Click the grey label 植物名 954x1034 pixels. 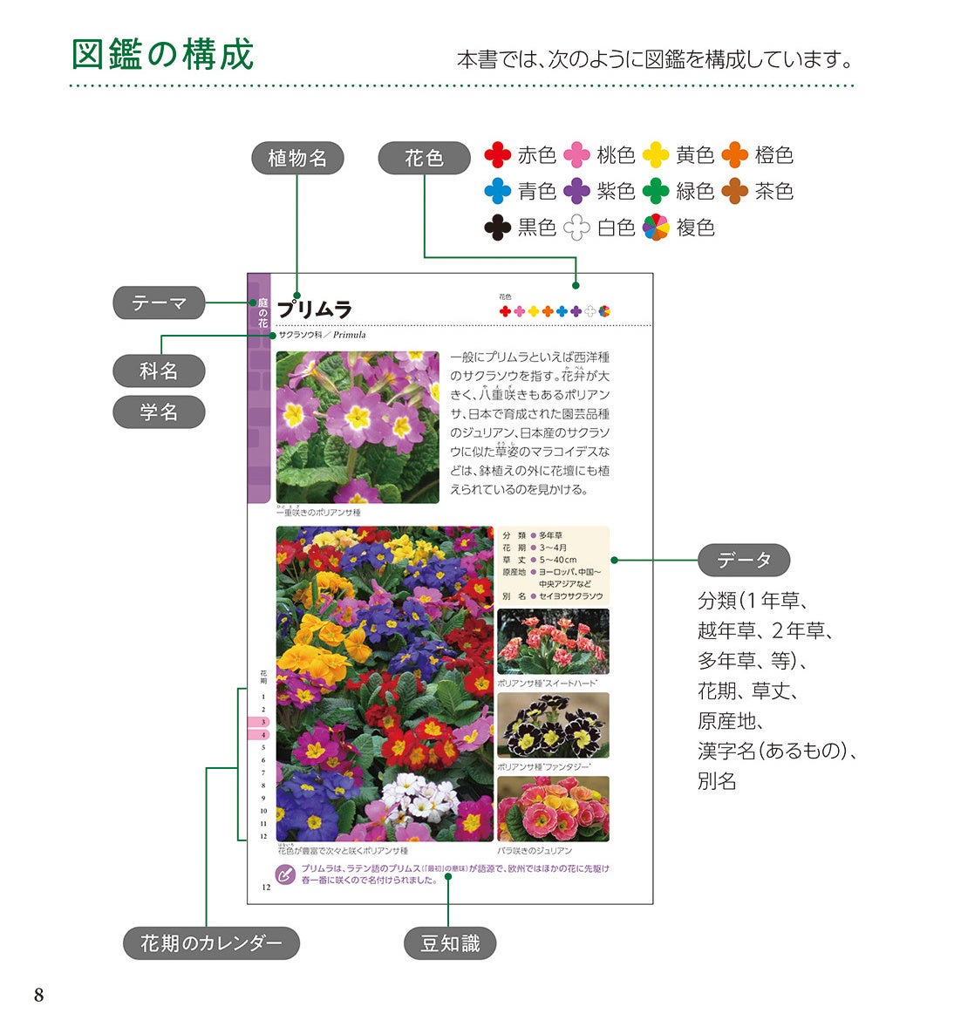(297, 158)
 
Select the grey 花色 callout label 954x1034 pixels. (424, 158)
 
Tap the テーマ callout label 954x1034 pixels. (159, 303)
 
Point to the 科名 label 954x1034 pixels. (159, 371)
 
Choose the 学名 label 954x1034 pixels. (159, 412)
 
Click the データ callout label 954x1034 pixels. (744, 560)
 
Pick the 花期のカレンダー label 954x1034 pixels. (211, 943)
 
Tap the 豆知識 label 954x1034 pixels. (450, 943)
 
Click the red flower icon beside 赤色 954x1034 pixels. (497, 155)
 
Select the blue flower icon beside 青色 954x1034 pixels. (497, 191)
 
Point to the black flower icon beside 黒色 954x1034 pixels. (497, 228)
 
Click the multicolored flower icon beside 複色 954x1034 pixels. (656, 228)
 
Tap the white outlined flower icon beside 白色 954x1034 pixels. (576, 228)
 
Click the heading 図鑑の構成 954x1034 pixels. (162, 54)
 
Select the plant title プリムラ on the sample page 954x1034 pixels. (314, 310)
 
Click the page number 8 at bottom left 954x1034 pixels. (38, 996)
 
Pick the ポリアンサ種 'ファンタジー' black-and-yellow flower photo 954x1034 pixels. (553, 725)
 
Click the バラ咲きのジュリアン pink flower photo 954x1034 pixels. (553, 809)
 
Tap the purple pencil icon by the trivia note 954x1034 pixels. (284, 874)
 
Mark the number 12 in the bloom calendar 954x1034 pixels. (263, 836)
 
